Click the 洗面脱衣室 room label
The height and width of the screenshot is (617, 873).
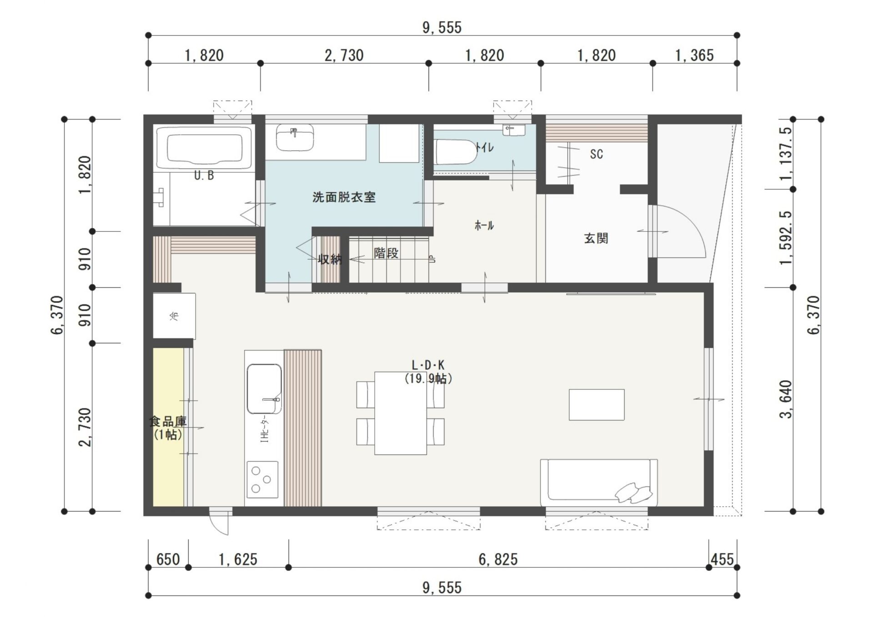click(344, 197)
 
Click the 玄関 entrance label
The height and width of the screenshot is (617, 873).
click(596, 238)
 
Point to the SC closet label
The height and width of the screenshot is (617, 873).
click(596, 154)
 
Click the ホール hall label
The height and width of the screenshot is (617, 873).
click(484, 225)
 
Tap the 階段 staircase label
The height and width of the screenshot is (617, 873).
click(386, 253)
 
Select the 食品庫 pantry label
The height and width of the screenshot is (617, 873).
click(168, 421)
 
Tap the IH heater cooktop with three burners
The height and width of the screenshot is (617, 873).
click(262, 479)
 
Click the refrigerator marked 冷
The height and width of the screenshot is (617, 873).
click(174, 316)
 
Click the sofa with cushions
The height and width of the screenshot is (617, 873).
click(599, 482)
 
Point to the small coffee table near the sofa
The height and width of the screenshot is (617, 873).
click(597, 405)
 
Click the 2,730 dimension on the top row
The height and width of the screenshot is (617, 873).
click(344, 55)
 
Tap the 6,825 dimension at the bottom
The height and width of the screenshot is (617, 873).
click(498, 560)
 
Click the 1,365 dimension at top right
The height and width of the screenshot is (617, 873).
click(694, 55)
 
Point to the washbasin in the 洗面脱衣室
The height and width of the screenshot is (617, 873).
click(295, 137)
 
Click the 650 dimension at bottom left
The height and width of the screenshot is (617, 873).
click(168, 560)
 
